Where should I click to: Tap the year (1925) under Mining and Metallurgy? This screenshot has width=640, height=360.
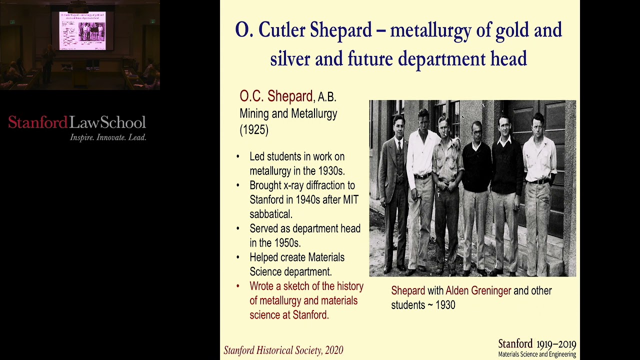254,130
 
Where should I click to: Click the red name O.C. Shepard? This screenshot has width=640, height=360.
276,96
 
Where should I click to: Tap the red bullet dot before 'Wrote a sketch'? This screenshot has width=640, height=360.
238,286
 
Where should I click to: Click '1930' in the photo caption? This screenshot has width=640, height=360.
445,304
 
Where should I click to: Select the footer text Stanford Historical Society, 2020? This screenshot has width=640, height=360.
283,350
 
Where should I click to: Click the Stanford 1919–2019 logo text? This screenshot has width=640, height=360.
537,344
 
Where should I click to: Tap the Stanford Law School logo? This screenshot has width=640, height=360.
77,122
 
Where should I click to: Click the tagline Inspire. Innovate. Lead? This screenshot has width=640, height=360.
108,137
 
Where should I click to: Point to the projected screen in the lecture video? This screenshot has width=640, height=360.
82,30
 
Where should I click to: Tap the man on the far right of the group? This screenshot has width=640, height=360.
538,190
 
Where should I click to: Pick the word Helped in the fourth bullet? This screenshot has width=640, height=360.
265,257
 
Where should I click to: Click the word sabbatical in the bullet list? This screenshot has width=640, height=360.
271,214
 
